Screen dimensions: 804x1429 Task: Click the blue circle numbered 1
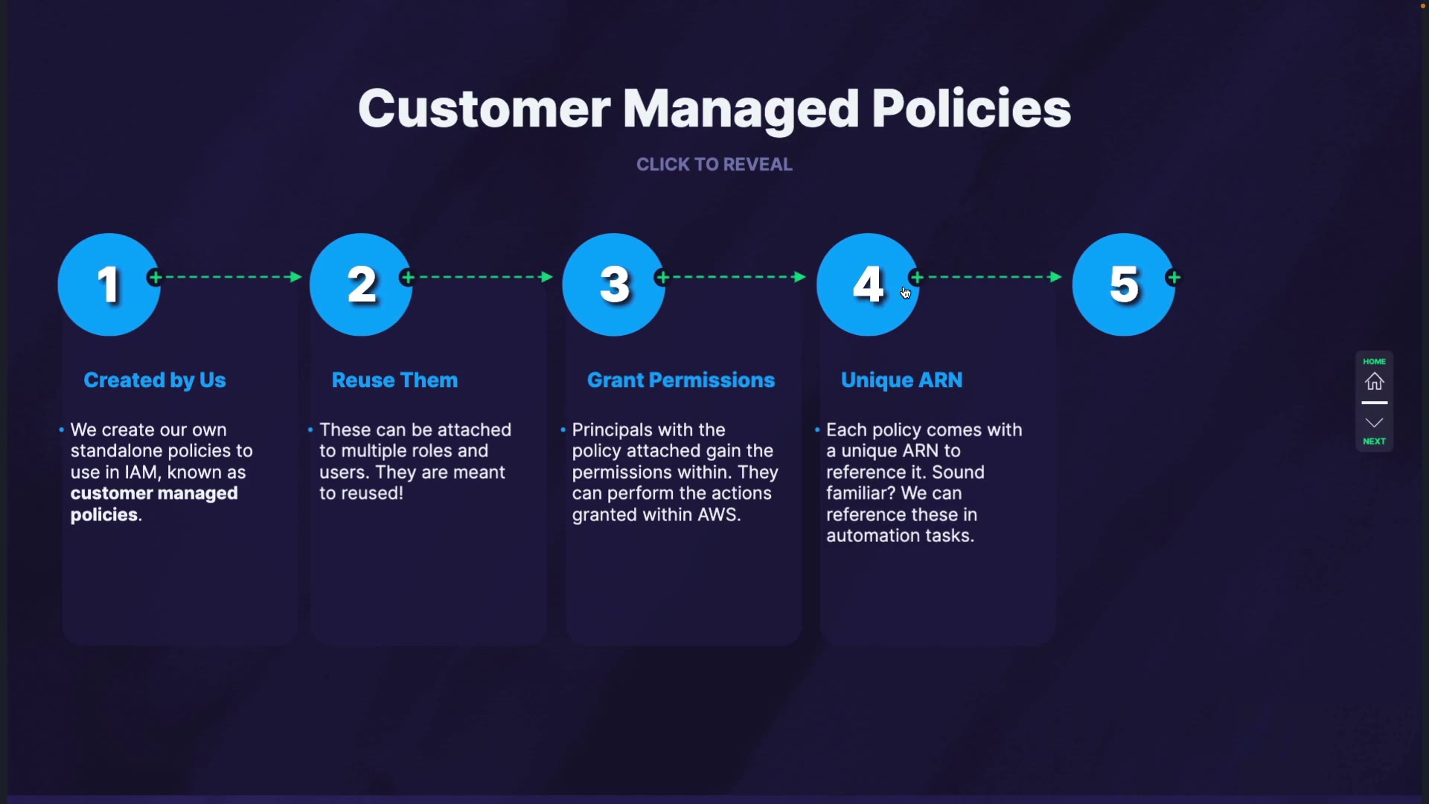tap(109, 284)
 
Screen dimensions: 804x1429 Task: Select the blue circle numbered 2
tap(361, 284)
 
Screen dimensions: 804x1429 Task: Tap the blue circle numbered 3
tap(614, 284)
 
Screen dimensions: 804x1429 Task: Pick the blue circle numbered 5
tap(1124, 284)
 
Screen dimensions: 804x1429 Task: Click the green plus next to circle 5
tap(1174, 278)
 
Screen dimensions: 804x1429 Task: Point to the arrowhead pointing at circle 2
tap(295, 277)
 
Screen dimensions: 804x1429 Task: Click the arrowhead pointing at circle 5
tap(1055, 277)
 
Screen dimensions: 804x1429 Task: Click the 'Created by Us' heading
tap(155, 380)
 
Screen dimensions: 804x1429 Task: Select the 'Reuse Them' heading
tap(394, 380)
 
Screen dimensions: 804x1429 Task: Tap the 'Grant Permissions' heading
tap(681, 380)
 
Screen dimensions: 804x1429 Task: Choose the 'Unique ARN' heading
tap(901, 380)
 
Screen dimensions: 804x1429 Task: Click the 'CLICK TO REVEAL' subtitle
tap(714, 165)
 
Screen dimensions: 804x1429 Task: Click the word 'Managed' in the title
tap(741, 109)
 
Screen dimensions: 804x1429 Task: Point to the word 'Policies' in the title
tap(971, 109)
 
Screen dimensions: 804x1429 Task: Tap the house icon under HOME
tap(1375, 382)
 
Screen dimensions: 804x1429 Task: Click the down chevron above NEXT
tap(1375, 423)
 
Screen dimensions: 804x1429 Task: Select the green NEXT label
tap(1375, 442)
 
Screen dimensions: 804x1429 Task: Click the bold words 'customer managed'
tap(154, 494)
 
